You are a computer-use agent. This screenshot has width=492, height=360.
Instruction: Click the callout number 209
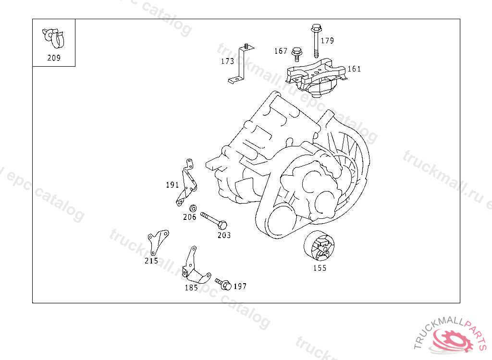(x=54, y=58)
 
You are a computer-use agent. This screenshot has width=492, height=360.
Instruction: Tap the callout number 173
(x=227, y=61)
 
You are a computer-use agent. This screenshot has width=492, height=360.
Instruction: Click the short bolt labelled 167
(x=296, y=53)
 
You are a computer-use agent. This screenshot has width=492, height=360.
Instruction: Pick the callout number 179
(x=327, y=41)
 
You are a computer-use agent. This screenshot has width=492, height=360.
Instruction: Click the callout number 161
(x=354, y=69)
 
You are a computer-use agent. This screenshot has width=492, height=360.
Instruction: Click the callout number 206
(x=190, y=217)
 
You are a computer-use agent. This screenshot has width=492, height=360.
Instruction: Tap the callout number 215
(x=151, y=261)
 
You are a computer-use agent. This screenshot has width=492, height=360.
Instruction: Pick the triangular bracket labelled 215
(x=157, y=240)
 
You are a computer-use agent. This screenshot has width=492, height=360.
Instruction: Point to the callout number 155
(x=320, y=268)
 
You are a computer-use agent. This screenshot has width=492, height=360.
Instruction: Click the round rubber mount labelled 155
(x=319, y=247)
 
